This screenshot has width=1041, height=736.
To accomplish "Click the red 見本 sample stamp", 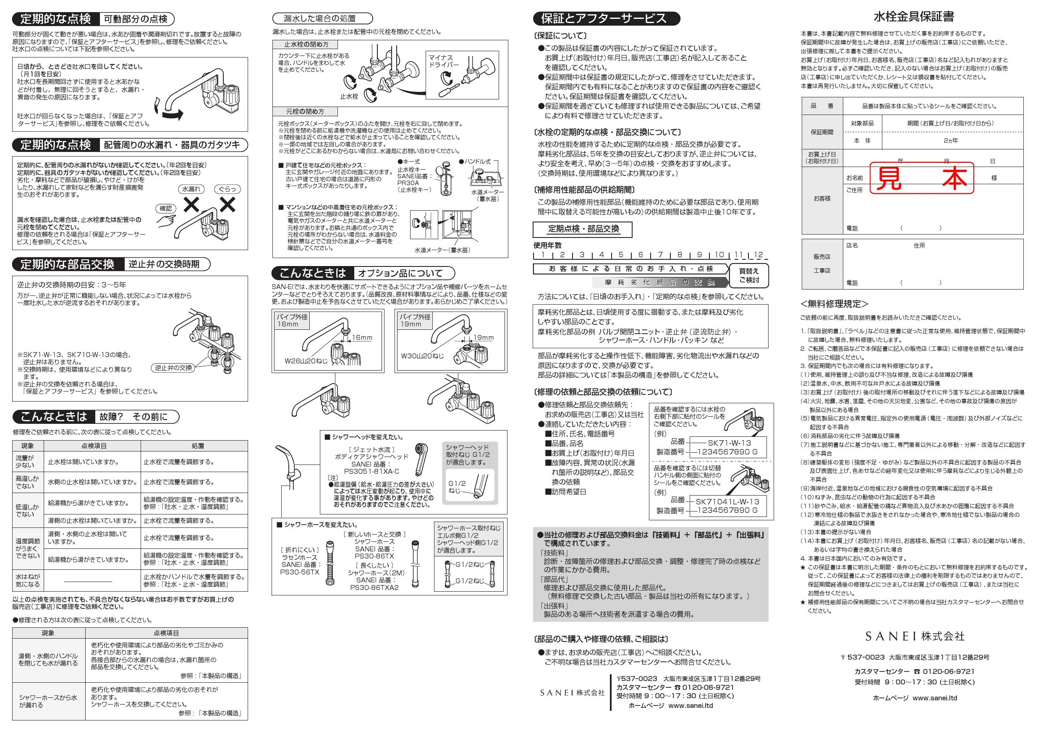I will click(921, 178).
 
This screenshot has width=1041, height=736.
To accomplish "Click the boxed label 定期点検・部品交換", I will click(583, 229).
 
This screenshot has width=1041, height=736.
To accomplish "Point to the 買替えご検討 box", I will click(748, 276).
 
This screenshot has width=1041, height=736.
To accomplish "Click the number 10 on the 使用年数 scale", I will click(719, 255).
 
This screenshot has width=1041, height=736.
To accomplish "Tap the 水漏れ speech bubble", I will click(191, 189).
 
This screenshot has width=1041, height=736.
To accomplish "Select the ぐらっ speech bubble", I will click(227, 189).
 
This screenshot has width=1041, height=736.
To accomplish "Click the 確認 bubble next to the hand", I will click(166, 209).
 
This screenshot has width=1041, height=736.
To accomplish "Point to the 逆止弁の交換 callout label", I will click(173, 368).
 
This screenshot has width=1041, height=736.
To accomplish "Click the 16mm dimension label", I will click(361, 338).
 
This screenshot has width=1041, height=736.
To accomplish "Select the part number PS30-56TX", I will click(299, 572).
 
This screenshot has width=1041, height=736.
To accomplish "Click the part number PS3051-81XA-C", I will click(368, 471).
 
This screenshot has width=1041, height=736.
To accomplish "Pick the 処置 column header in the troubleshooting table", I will click(198, 446).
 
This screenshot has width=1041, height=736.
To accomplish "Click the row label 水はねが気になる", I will click(28, 581).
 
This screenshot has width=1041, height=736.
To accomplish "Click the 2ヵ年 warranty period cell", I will click(951, 141).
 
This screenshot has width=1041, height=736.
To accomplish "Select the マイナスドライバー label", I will click(443, 61).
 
